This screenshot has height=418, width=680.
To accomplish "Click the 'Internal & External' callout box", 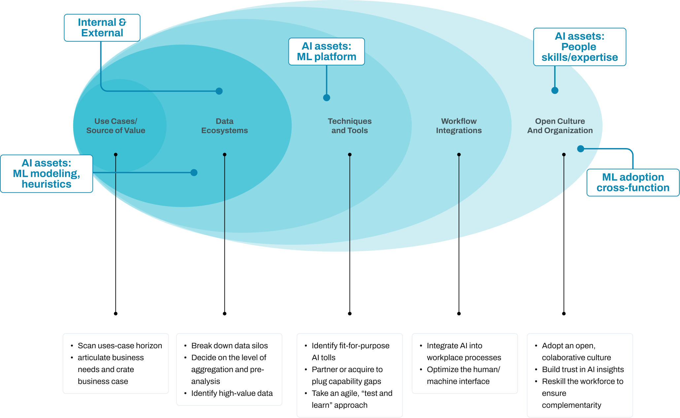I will coord(102,28).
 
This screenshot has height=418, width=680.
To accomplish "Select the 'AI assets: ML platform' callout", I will coord(326,52).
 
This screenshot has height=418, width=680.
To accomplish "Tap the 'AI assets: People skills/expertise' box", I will coord(579,47).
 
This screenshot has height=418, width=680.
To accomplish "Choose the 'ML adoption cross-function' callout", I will coord(633,182).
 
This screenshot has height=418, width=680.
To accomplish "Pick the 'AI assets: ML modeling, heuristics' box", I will coord(47,173).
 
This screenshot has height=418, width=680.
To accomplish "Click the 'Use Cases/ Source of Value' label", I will coord(116,126).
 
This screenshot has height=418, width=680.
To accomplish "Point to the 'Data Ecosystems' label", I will coord(224,126).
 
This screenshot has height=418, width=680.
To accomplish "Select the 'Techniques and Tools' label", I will coord(350,126).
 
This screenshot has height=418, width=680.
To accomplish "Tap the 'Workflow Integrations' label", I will coord(459,126).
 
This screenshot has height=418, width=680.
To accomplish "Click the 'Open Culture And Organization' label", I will coord(560,126).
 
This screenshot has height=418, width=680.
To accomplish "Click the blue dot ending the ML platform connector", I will coord(326,97).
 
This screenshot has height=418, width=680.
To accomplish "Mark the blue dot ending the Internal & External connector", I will coord(219,91).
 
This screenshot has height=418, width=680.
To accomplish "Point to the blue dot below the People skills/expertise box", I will coord(555,90).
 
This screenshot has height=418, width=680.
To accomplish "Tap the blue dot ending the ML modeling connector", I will coord(194,172).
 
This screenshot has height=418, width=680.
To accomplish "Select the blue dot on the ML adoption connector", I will coord(581,149).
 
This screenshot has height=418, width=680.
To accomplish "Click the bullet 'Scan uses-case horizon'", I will coord(120,346).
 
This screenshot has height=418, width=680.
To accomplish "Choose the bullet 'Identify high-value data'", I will coord(232,393).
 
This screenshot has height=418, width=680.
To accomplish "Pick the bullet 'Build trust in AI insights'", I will coord(583,369).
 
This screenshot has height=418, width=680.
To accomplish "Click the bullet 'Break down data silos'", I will coord(229,346).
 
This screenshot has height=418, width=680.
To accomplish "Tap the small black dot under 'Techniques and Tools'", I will coord(350,155).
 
